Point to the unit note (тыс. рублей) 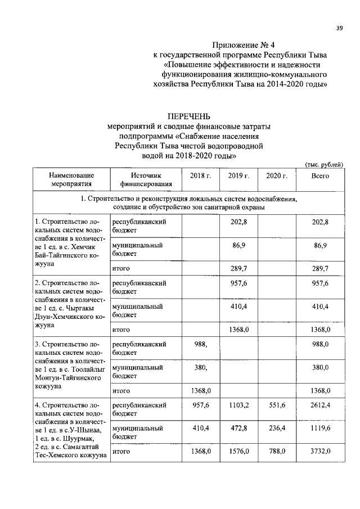tap(323, 164)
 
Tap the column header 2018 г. tap(200, 175)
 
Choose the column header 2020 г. tap(276, 175)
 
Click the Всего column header tap(320, 175)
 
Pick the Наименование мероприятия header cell tap(71, 179)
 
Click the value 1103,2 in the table tap(238, 404)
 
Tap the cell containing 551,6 tap(276, 404)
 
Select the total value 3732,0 tap(320, 451)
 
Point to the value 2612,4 tap(320, 404)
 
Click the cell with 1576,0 tap(238, 451)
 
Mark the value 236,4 tap(276, 428)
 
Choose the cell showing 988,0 tap(320, 344)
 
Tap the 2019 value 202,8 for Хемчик tap(238, 222)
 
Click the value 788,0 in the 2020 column tap(276, 451)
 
